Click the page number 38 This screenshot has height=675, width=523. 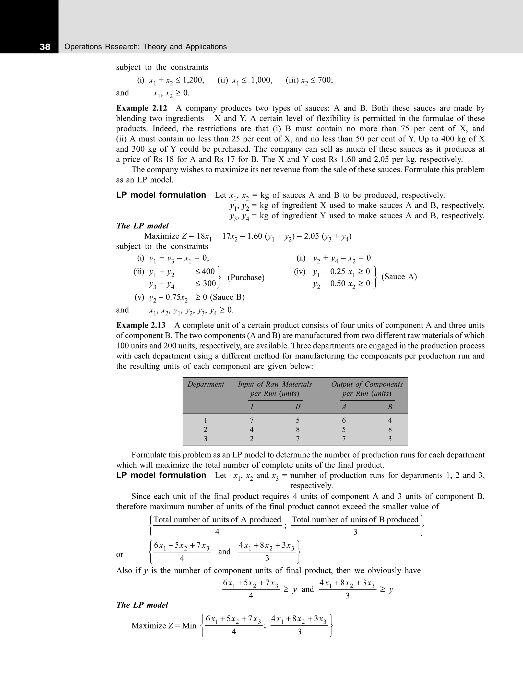[x=45, y=47]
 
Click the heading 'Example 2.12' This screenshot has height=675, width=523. [x=141, y=108]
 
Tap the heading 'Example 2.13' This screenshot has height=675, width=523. [x=141, y=325]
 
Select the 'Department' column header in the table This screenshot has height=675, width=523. [x=206, y=384]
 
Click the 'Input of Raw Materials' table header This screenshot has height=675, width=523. [x=275, y=384]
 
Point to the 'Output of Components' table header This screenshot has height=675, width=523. [x=367, y=384]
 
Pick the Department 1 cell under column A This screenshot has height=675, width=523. [x=344, y=420]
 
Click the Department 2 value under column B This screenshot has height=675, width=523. [x=390, y=430]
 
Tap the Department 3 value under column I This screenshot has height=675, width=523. [x=252, y=439]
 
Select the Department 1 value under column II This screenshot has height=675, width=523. [x=298, y=420]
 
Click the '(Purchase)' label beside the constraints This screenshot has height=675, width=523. [x=246, y=278]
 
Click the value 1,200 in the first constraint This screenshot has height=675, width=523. [x=193, y=80]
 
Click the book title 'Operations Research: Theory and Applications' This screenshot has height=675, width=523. [x=146, y=47]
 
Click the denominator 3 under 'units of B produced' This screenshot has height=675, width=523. [x=355, y=532]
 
